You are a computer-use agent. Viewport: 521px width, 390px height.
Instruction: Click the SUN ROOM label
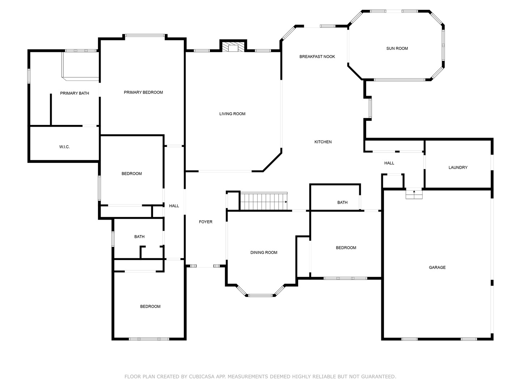coord(397,48)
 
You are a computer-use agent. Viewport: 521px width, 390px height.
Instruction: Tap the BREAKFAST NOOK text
coord(317,57)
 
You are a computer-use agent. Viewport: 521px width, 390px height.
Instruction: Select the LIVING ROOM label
coord(232,114)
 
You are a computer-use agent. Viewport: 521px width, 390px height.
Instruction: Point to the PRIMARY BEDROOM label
coord(143,92)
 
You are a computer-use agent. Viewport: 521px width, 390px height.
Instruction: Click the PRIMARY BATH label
coord(75,93)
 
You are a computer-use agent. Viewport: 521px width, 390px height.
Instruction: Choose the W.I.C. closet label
coord(64,147)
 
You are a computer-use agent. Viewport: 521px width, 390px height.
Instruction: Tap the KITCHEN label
coord(323,142)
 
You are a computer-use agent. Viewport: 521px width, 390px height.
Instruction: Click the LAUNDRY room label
coord(458,168)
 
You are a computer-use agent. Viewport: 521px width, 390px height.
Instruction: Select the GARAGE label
coord(437,267)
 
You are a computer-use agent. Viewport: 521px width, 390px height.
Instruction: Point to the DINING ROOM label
coord(264,252)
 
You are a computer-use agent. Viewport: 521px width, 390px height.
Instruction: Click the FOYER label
coord(206,222)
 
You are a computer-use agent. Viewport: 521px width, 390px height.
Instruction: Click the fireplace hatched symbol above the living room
coord(233,47)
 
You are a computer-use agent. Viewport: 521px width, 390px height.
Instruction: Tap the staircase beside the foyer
coord(264,201)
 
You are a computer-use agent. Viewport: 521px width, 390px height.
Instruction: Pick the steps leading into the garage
coord(414,194)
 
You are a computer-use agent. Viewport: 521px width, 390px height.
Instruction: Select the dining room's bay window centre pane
coord(260,295)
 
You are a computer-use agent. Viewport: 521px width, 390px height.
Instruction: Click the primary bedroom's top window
coord(145,35)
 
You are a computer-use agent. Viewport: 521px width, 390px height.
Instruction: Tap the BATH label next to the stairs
coord(342,203)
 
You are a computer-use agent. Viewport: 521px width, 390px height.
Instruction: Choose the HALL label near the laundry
coord(389,163)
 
